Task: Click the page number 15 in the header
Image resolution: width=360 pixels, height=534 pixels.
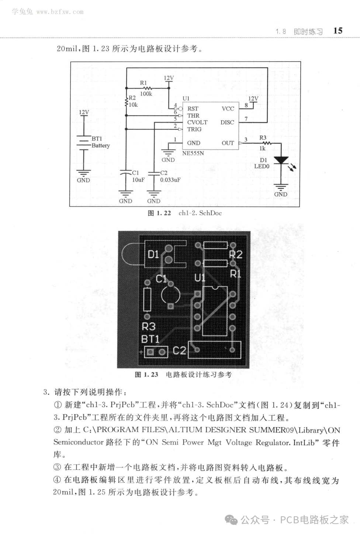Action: pyautogui.click(x=337, y=31)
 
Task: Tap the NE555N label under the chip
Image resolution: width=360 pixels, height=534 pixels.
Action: pyautogui.click(x=193, y=153)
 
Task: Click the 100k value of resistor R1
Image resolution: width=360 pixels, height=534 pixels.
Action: pyautogui.click(x=146, y=94)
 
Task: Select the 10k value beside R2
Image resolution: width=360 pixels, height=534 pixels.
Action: pyautogui.click(x=133, y=105)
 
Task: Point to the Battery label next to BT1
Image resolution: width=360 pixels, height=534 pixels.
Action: pyautogui.click(x=101, y=145)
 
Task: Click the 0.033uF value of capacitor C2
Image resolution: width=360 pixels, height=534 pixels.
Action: pyautogui.click(x=170, y=180)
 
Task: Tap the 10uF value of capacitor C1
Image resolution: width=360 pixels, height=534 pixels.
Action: pyautogui.click(x=138, y=180)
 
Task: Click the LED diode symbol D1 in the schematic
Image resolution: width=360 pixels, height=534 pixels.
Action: pyautogui.click(x=282, y=160)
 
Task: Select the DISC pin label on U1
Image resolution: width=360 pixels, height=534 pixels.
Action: pyautogui.click(x=227, y=122)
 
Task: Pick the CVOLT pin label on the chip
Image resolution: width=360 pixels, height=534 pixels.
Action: pyautogui.click(x=197, y=122)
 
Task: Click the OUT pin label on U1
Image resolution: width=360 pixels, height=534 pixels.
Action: pyautogui.click(x=228, y=143)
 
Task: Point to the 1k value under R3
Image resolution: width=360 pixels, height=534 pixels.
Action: pyautogui.click(x=262, y=148)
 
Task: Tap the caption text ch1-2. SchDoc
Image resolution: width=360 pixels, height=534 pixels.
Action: pyautogui.click(x=200, y=213)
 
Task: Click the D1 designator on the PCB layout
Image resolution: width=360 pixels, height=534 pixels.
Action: pyautogui.click(x=153, y=254)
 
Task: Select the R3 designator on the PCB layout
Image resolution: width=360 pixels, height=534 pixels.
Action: pyautogui.click(x=149, y=326)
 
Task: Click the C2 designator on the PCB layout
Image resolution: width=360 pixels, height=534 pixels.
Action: pyautogui.click(x=179, y=350)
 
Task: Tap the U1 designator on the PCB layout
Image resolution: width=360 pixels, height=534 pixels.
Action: pyautogui.click(x=200, y=278)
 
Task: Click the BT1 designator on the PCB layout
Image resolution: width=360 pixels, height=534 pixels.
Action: pyautogui.click(x=150, y=339)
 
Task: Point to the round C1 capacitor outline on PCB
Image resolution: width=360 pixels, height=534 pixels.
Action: pyautogui.click(x=170, y=294)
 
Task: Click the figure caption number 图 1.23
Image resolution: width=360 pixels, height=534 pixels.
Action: pyautogui.click(x=146, y=375)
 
